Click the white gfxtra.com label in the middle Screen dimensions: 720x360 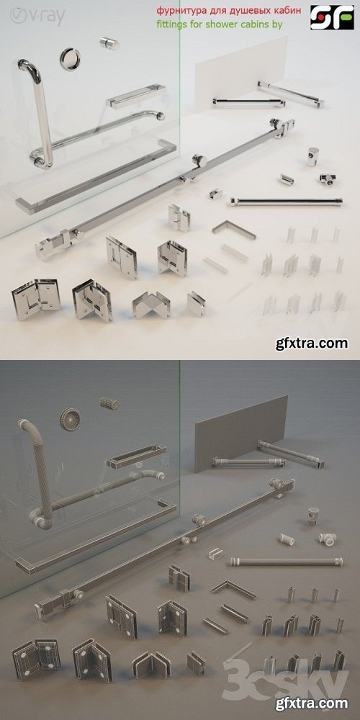pyautogui.click(x=312, y=343)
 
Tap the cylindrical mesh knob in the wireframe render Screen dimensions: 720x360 pyautogui.click(x=109, y=403)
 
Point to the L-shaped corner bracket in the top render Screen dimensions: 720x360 pyautogui.click(x=234, y=229)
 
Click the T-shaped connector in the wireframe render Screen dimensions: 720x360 pyautogui.click(x=328, y=536)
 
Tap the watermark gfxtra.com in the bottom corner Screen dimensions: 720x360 pyautogui.click(x=312, y=704)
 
